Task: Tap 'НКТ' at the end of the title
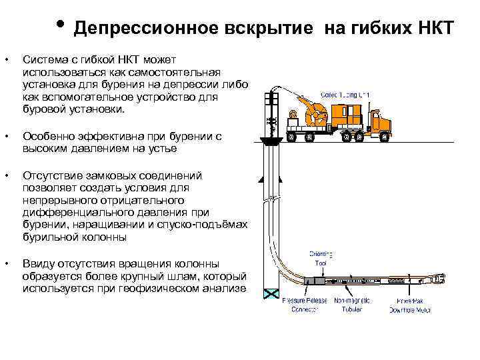pyautogui.click(x=433, y=29)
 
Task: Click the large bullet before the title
pyautogui.click(x=60, y=27)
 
